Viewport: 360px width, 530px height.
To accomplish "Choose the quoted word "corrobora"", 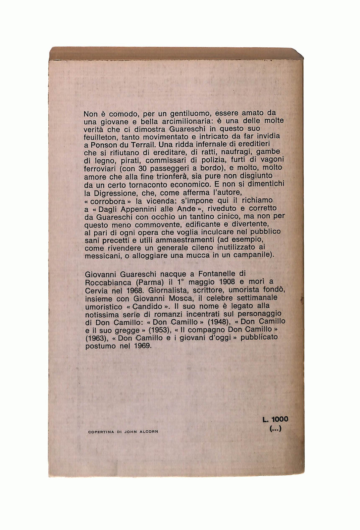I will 108,201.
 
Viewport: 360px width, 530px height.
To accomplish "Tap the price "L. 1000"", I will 275,419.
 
